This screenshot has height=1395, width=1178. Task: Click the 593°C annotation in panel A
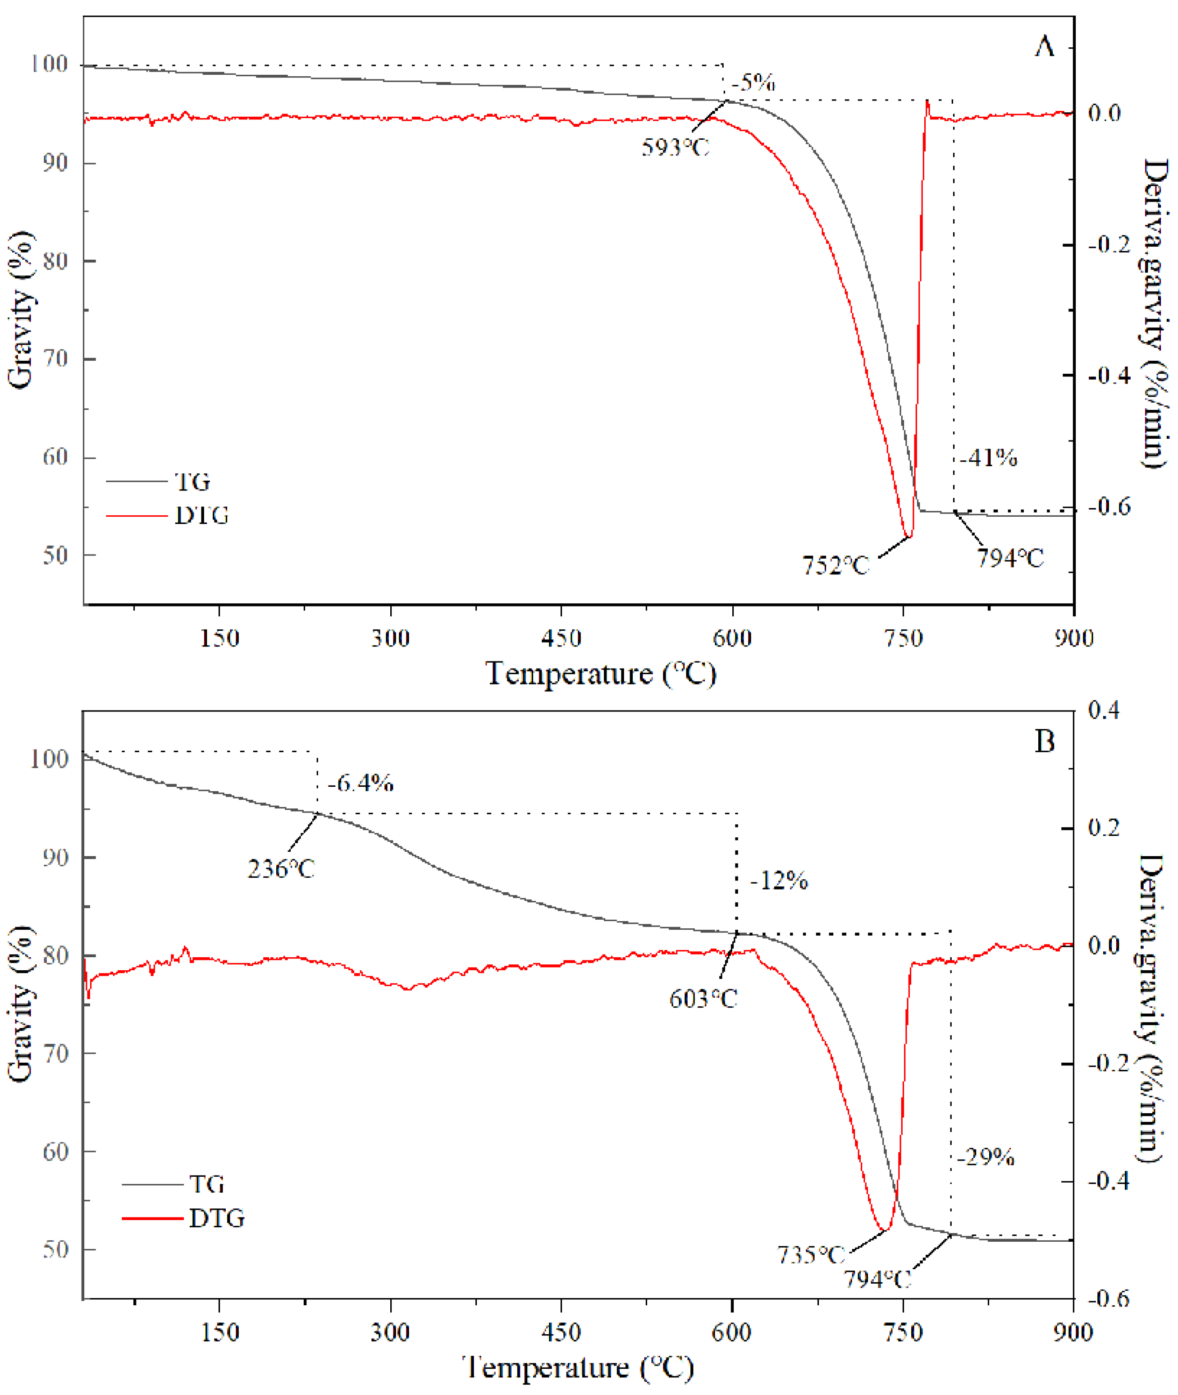point(675,147)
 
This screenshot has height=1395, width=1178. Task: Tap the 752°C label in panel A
point(836,566)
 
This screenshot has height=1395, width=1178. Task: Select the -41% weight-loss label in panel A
point(988,458)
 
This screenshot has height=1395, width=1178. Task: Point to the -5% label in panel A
point(753,83)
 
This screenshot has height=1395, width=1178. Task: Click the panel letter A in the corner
point(1045,47)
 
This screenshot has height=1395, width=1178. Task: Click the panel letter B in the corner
point(1045,742)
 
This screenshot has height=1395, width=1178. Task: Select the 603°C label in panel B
point(703,999)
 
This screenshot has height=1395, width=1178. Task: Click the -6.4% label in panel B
point(361,783)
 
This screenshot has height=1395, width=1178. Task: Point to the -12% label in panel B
point(779,881)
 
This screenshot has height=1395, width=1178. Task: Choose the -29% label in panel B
point(986,1157)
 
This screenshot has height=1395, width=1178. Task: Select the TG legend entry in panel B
point(206,1184)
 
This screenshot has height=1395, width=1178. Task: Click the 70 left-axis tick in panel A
point(55,359)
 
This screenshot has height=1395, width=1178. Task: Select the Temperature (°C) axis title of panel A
point(600,674)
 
